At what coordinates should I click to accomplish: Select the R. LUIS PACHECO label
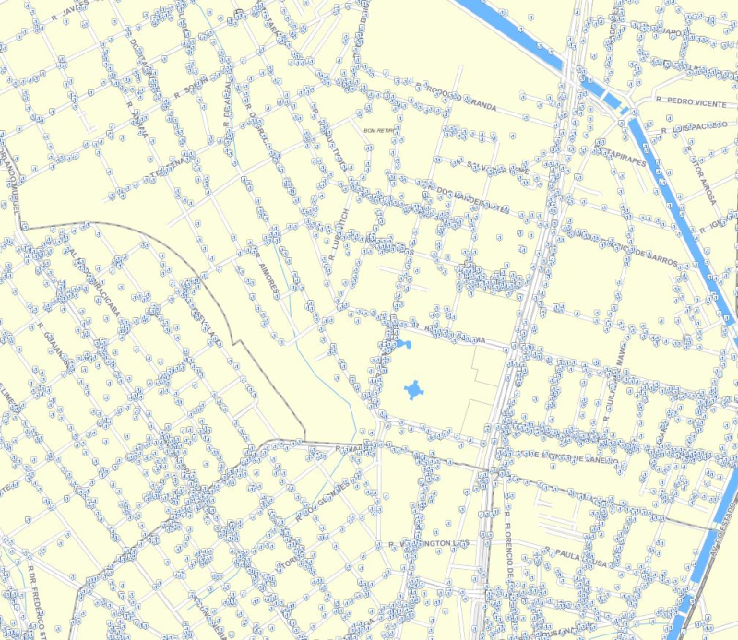[x=688, y=126]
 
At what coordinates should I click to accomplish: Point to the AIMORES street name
[x=268, y=278]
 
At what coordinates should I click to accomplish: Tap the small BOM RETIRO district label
[x=379, y=131]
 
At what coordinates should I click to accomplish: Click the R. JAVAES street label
[x=68, y=12]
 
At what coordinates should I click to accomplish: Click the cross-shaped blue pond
[x=414, y=390]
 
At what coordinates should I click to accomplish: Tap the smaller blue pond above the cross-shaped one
[x=403, y=345]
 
